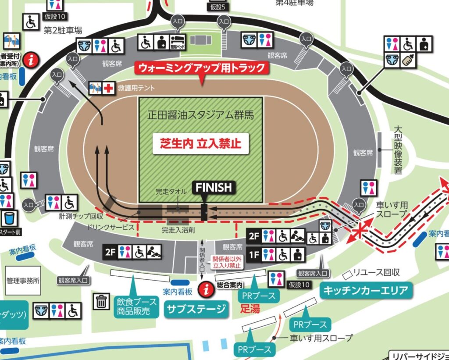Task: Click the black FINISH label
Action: [x=214, y=188]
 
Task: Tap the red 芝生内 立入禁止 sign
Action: [x=201, y=143]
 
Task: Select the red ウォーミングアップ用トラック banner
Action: [x=202, y=68]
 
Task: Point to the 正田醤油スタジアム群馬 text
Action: [x=201, y=116]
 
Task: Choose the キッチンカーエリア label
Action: [x=366, y=290]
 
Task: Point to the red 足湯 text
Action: [x=250, y=309]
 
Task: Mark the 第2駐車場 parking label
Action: [x=63, y=31]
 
